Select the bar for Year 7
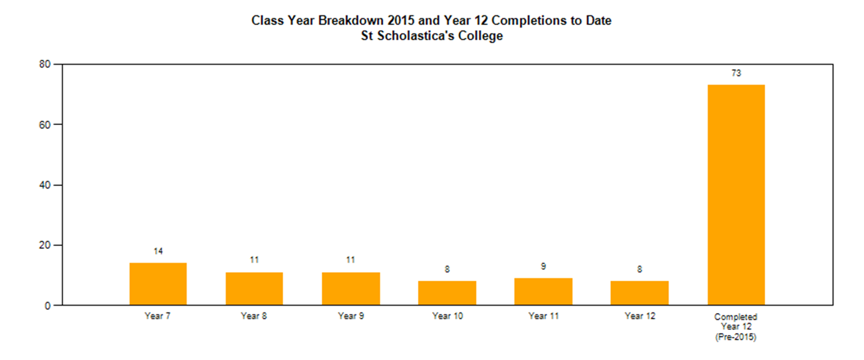tap(158, 284)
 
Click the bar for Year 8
tap(254, 289)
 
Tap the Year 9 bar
tap(351, 289)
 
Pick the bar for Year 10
tap(447, 293)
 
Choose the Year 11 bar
tap(544, 291)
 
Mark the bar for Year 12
tap(639, 293)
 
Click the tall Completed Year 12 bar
tap(736, 195)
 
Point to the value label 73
tap(736, 73)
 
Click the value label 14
tap(158, 251)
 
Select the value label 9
tap(544, 266)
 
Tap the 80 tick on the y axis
tap(45, 64)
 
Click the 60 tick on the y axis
tap(45, 124)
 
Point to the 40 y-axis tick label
tap(45, 185)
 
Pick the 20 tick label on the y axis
tap(45, 245)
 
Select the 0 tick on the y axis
tap(48, 306)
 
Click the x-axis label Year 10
tap(447, 316)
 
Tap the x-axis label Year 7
tap(157, 316)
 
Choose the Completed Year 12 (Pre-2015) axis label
tap(736, 327)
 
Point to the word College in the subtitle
tap(480, 36)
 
